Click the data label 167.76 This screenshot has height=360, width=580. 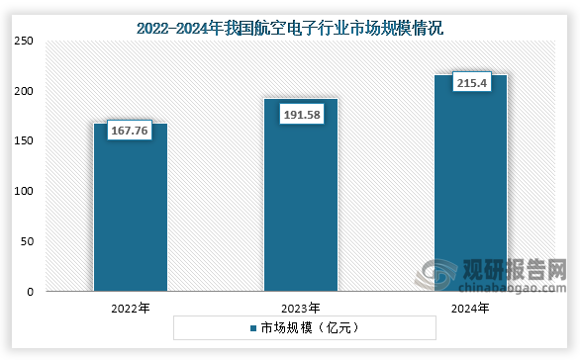[x=128, y=132]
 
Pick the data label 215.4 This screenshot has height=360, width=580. [x=470, y=84]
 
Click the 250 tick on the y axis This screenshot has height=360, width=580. [x=24, y=41]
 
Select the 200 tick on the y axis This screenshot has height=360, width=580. [x=24, y=91]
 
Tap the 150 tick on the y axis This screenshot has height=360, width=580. [x=24, y=141]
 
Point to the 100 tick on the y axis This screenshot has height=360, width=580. [x=24, y=191]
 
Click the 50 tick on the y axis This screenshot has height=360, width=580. [x=27, y=241]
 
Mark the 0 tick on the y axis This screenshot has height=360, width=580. [x=30, y=292]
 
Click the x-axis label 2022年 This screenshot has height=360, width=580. [x=130, y=309]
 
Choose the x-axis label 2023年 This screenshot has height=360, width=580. [x=300, y=309]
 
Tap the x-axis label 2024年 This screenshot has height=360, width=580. [x=470, y=309]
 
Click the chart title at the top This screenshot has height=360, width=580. [x=290, y=30]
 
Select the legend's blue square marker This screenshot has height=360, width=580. [x=253, y=327]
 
